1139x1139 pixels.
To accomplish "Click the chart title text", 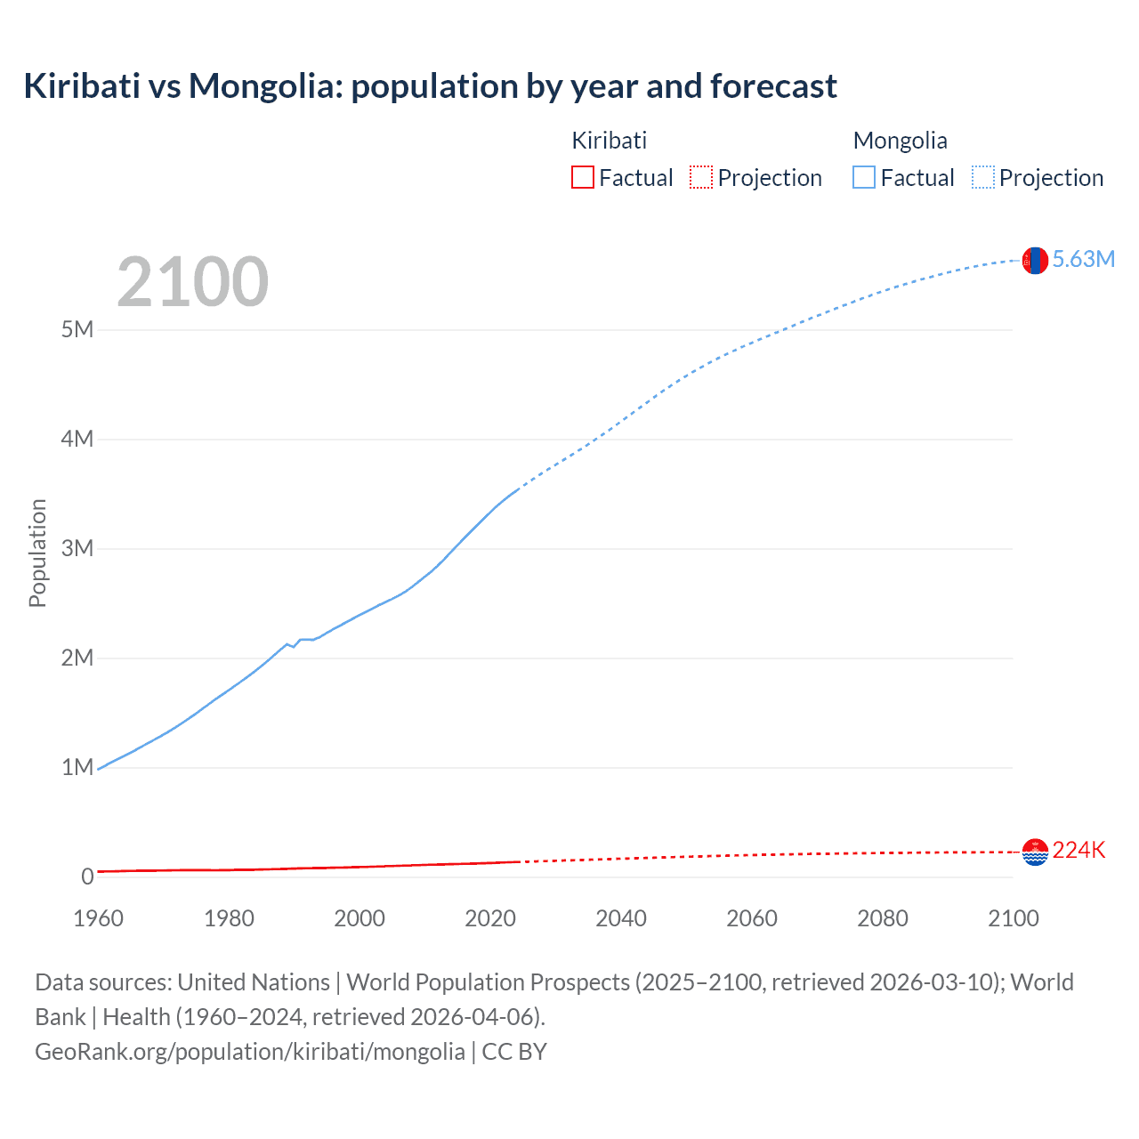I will click(x=430, y=86).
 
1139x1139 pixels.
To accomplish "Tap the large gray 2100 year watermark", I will click(x=192, y=282).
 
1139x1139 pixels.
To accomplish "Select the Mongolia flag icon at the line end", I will click(x=1035, y=261).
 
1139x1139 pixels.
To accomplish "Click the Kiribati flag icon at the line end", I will click(x=1035, y=852).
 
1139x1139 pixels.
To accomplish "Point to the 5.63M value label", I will click(x=1083, y=259).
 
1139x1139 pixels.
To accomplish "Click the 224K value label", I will click(x=1078, y=851).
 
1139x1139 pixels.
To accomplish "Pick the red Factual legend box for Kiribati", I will click(x=582, y=178).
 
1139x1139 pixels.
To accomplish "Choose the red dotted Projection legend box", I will click(x=701, y=178).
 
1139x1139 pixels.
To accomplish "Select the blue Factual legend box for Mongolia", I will click(x=863, y=178).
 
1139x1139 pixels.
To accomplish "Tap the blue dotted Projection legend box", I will click(x=982, y=178).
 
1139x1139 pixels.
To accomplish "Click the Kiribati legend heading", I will click(x=609, y=141).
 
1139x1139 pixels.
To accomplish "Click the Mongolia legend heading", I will click(x=900, y=141).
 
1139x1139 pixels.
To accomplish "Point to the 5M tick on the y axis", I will click(x=77, y=330).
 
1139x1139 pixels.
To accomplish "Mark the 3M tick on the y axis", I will click(x=77, y=548).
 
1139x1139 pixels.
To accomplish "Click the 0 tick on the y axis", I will click(x=87, y=876).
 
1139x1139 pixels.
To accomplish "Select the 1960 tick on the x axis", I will click(x=98, y=918).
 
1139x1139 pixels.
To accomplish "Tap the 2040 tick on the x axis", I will click(x=621, y=918).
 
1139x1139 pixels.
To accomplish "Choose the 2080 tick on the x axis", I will click(x=883, y=918).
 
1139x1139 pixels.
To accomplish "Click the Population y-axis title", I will click(x=37, y=553).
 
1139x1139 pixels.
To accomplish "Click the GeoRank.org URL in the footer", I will click(x=249, y=1052).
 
